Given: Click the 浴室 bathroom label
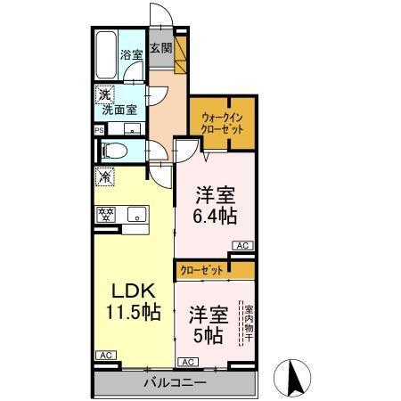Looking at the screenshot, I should pos(132,55).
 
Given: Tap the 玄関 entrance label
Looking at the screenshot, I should pos(160,49).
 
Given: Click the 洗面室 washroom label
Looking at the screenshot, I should pos(119,110).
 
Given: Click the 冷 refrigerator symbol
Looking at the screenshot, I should pos(104,176).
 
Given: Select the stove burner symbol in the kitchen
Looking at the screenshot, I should pos(107,213).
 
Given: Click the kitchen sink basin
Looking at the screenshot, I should pos(135,213).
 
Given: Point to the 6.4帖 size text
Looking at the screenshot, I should pos(217,215).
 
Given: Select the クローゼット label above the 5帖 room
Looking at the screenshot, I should pos(200,269).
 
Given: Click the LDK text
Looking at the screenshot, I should pos(134,291).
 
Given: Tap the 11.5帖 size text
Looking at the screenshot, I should pos(134,313).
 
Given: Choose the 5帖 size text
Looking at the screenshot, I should pos(207,337).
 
